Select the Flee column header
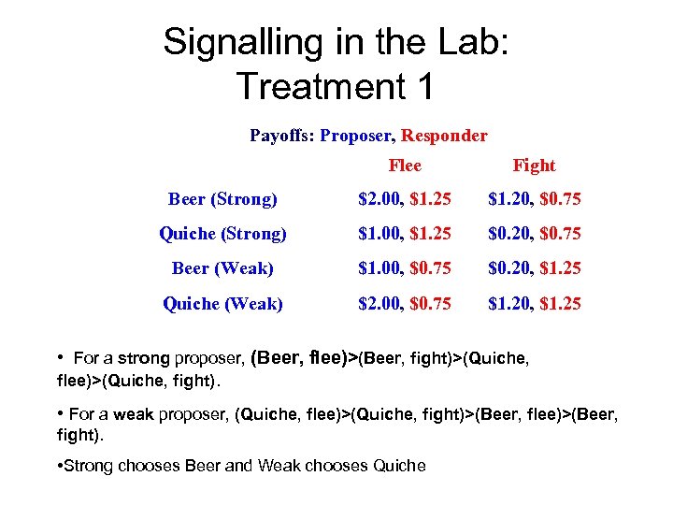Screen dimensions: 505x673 coord(405,166)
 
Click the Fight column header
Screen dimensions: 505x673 coord(534,166)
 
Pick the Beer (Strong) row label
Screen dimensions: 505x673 coord(222,199)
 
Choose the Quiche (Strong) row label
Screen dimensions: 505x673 coord(222,234)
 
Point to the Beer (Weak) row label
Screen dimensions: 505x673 coord(222,268)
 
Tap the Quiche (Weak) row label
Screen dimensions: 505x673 coord(222,303)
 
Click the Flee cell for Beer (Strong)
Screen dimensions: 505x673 coord(405,199)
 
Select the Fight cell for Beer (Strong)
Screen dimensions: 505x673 coord(534,199)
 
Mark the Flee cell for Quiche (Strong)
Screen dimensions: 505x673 coord(405,234)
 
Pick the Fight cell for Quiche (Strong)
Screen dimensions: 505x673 coord(534,234)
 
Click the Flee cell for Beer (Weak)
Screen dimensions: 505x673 coord(405,268)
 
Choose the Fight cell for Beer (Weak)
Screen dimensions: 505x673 coord(534,268)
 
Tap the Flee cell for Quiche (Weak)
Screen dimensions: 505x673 coord(405,303)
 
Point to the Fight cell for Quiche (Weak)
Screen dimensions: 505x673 coord(534,303)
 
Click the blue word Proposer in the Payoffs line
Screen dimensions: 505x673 coord(356,136)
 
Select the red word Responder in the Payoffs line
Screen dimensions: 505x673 coord(444,136)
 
